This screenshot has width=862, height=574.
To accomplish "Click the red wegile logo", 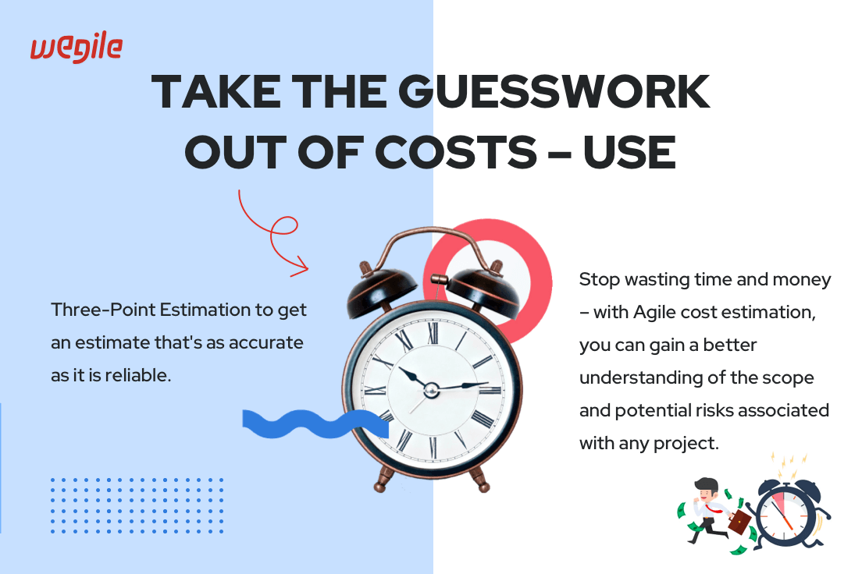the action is (77, 48).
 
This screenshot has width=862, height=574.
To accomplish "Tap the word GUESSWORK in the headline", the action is (554, 91).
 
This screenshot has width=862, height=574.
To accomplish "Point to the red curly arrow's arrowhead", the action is (301, 266).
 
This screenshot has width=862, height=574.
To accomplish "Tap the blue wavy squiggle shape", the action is (315, 423).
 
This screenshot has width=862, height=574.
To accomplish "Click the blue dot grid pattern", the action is (137, 505).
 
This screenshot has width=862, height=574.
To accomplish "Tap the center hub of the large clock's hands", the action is (431, 390).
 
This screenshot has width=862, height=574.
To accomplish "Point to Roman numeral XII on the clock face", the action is (433, 332).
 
